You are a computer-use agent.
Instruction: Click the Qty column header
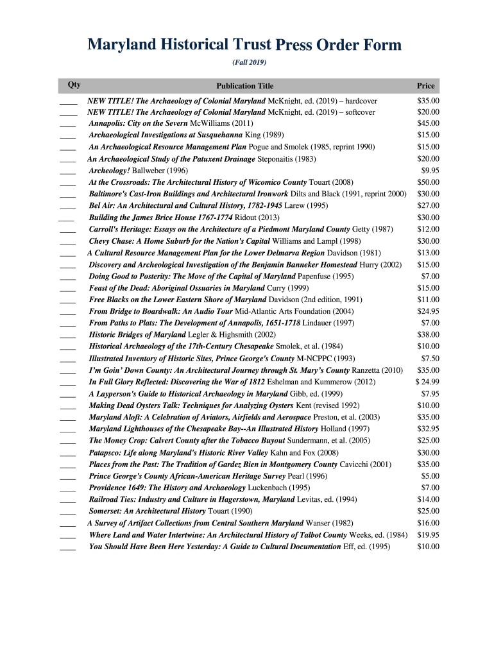click(74, 85)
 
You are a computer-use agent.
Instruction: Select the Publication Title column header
click(244, 86)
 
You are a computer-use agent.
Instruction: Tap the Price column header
click(425, 86)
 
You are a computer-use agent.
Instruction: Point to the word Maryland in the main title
click(122, 45)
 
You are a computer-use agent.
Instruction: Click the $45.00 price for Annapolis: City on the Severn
click(428, 123)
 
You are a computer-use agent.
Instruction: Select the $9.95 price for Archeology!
click(430, 171)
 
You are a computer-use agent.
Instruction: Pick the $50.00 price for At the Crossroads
click(428, 182)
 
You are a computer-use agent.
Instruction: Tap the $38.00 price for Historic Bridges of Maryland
click(428, 334)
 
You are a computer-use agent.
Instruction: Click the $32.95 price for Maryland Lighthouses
click(428, 429)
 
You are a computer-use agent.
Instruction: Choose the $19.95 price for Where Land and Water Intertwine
click(428, 534)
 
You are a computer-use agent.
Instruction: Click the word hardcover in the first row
click(360, 101)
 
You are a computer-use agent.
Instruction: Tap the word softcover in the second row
click(359, 112)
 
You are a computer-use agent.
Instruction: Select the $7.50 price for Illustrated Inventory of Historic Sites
click(430, 358)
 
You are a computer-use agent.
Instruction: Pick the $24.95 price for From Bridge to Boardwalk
click(428, 311)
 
